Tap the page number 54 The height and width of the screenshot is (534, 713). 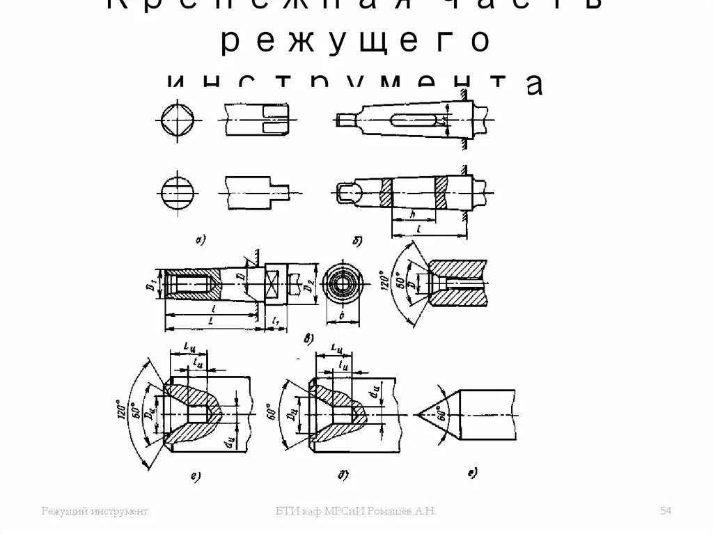(665, 512)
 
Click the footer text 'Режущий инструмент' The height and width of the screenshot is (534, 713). (95, 512)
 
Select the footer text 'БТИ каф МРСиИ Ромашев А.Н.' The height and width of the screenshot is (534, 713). (356, 512)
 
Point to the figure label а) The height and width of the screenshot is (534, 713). (199, 240)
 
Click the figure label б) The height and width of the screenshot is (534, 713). (357, 241)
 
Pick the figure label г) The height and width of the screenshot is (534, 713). (196, 476)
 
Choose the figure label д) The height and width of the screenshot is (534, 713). (343, 476)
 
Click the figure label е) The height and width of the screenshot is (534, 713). (472, 474)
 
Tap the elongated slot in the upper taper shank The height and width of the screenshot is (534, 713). (415, 119)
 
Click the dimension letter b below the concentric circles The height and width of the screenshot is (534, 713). (345, 315)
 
